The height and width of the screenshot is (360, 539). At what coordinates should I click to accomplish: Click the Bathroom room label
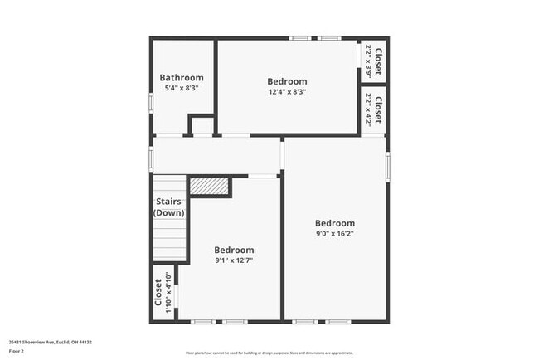(x=182, y=78)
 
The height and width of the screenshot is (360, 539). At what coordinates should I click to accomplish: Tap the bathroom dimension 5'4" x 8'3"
(x=182, y=88)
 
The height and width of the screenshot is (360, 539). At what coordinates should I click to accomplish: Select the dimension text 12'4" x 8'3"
(x=287, y=92)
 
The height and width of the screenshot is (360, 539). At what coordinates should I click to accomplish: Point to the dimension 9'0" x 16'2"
(x=335, y=235)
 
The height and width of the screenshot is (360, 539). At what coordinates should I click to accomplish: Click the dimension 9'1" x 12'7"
(x=234, y=260)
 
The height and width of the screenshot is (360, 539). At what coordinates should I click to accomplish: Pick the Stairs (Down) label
(x=170, y=207)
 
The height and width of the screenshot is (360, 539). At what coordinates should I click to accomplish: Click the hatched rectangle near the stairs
(x=209, y=186)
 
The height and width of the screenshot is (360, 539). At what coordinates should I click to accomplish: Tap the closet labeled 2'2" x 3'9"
(x=374, y=61)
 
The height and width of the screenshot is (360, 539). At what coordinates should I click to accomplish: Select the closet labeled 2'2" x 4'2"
(x=374, y=110)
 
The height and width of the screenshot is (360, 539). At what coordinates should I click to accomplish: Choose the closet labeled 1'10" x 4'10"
(x=163, y=293)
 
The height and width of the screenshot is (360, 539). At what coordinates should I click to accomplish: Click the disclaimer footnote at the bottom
(x=269, y=353)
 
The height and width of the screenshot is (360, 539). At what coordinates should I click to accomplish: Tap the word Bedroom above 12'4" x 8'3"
(x=287, y=81)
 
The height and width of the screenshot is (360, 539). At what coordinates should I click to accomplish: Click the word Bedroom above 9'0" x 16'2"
(x=335, y=223)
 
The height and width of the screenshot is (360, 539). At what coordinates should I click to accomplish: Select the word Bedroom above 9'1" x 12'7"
(x=234, y=250)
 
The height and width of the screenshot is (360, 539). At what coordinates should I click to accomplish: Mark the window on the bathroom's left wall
(x=151, y=102)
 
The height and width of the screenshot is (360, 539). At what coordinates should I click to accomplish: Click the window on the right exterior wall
(x=387, y=166)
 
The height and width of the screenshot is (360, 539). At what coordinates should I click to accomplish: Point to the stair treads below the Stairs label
(x=169, y=241)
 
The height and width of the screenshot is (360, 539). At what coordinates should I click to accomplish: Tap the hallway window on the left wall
(x=151, y=158)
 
